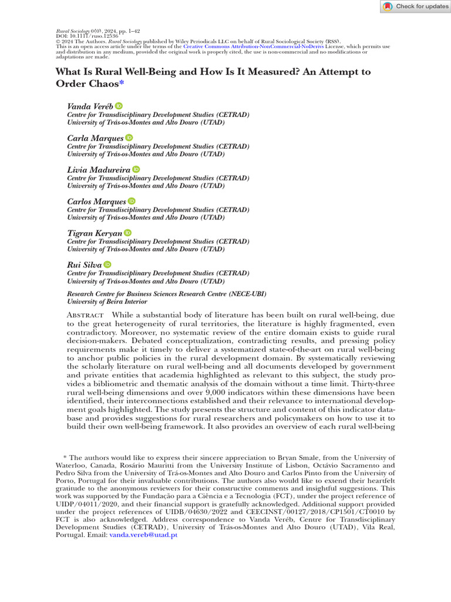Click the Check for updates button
415,6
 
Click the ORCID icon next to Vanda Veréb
119,106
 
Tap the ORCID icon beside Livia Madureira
136,169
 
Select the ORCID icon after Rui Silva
107,265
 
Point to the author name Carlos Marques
96,202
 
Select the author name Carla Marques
95,138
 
